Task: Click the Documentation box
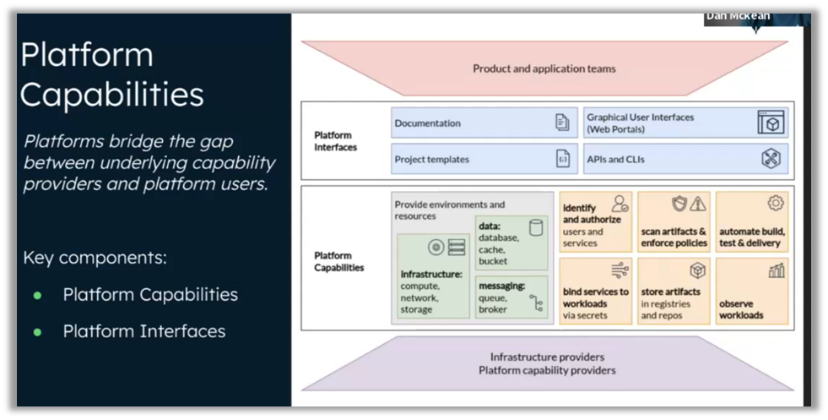coord(483,123)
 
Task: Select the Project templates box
coord(483,159)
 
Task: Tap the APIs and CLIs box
coord(685,159)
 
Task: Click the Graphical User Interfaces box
coord(685,123)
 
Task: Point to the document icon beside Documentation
coord(562,123)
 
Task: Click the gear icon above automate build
coord(776,204)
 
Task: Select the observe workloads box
coord(752,292)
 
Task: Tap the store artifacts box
coord(674,292)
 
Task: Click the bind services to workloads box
coord(596,292)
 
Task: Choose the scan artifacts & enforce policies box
coord(674,221)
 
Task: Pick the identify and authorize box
coord(596,221)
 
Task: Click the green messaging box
coord(511,297)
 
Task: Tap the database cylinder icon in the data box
coord(535,227)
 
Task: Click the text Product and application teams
coord(544,68)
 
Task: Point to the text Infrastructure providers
coord(547,357)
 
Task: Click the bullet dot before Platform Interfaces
coord(37,332)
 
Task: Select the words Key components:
coord(95,258)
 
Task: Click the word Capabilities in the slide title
coord(111,93)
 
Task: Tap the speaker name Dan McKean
coord(737,16)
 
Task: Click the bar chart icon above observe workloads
coord(777,271)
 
